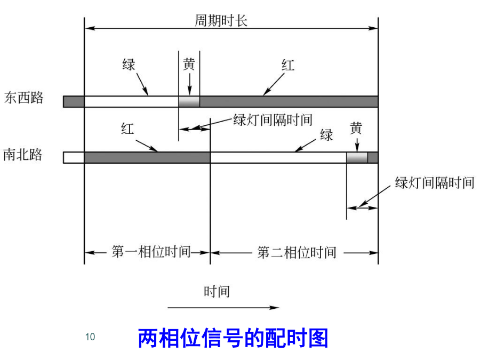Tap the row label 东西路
click(25, 98)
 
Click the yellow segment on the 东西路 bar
click(189, 101)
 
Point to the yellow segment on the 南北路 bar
click(357, 157)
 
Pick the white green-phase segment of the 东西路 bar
click(131, 101)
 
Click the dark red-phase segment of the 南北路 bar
click(147, 157)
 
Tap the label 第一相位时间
click(151, 252)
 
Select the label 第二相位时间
click(297, 252)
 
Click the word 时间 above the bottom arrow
click(217, 291)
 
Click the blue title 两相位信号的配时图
click(233, 338)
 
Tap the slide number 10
click(90, 337)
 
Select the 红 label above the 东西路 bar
click(288, 66)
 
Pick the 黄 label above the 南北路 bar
click(356, 128)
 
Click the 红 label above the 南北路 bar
click(127, 129)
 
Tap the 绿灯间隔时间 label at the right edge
click(435, 183)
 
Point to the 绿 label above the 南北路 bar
click(326, 135)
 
